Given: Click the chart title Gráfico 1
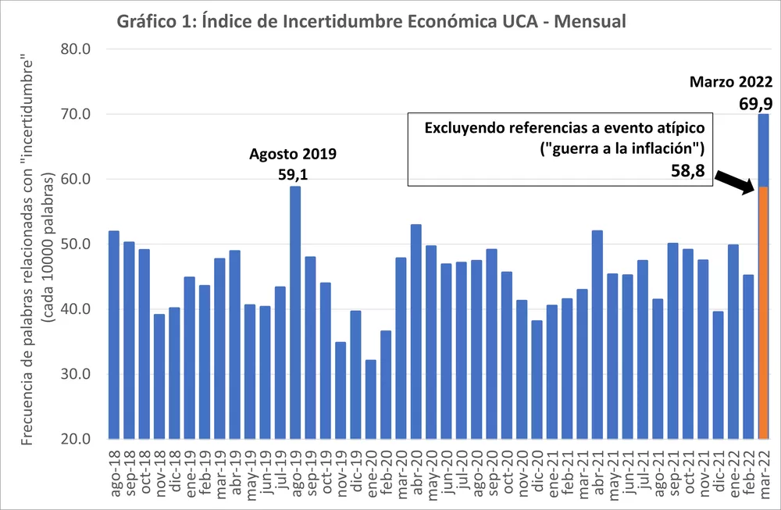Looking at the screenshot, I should pos(371,21).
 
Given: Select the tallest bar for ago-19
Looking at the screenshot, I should pos(295,312).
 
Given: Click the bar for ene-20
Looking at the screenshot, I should pos(371,398).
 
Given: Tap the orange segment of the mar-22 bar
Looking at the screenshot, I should pos(764,312).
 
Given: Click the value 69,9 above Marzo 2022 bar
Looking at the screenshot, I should pos(755,102).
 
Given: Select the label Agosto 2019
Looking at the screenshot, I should pos(293,154).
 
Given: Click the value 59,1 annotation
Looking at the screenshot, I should pos(293,175).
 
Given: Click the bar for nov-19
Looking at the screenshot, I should pos(341,390).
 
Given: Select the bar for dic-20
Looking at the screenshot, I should pos(537,379).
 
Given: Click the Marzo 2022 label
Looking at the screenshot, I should pos(730,82).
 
